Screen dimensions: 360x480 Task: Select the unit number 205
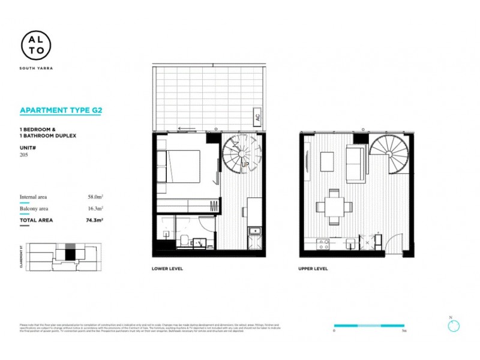point(25,155)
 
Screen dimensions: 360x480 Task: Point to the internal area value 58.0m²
point(95,196)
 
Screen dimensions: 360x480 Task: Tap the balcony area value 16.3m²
point(95,208)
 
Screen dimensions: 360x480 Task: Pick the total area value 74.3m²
point(94,220)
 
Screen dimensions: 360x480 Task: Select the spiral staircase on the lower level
point(241,154)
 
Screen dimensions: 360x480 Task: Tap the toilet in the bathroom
point(182,241)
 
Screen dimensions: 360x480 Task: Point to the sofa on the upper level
point(358,164)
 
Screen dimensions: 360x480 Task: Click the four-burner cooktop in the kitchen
point(323,244)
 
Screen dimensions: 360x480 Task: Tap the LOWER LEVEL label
point(167,269)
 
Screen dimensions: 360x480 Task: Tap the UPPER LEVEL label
point(313,269)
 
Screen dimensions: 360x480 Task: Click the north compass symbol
point(453,325)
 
